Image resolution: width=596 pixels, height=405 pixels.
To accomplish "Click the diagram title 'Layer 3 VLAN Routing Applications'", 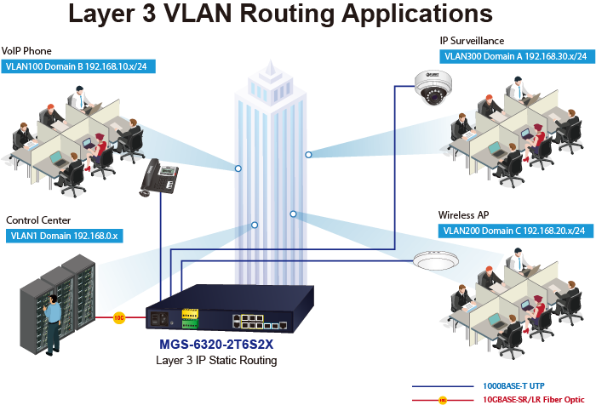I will pyautogui.click(x=280, y=14).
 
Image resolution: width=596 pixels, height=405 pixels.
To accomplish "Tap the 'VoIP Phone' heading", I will pyautogui.click(x=27, y=51).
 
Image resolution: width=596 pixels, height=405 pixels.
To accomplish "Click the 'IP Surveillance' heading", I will pyautogui.click(x=472, y=41).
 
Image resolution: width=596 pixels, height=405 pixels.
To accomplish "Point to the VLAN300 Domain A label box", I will pyautogui.click(x=515, y=56).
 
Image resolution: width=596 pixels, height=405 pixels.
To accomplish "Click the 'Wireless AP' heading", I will pyautogui.click(x=464, y=214).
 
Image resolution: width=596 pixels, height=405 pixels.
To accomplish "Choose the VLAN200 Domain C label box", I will pyautogui.click(x=513, y=230).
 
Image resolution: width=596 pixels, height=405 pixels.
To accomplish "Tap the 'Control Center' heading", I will pyautogui.click(x=38, y=220).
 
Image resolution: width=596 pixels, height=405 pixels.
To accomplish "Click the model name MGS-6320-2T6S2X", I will pyautogui.click(x=217, y=346).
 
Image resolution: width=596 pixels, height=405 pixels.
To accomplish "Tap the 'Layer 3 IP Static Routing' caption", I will pyautogui.click(x=217, y=361).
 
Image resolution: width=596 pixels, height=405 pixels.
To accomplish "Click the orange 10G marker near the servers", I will pyautogui.click(x=119, y=317).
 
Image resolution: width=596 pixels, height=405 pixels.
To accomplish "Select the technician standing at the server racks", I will pyautogui.click(x=53, y=323).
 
